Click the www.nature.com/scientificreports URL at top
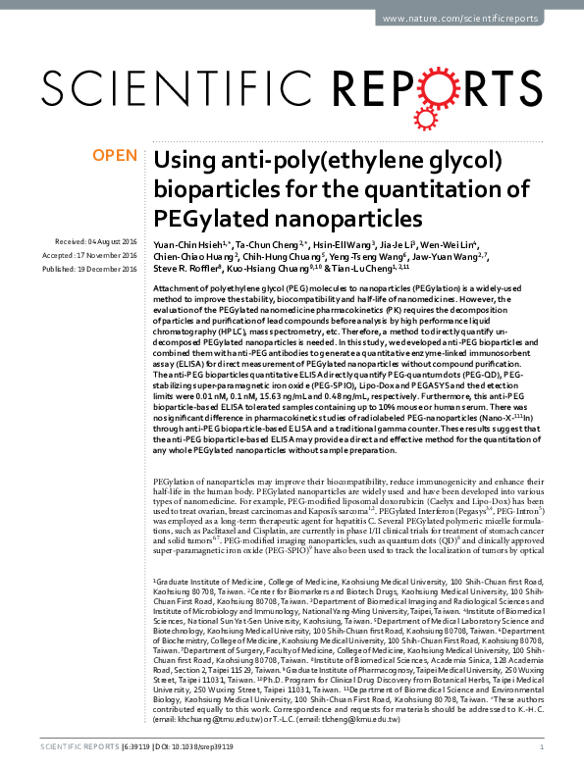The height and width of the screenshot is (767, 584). coord(473,18)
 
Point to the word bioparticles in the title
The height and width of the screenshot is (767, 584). coord(217,187)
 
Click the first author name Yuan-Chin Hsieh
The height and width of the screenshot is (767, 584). coord(187,242)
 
